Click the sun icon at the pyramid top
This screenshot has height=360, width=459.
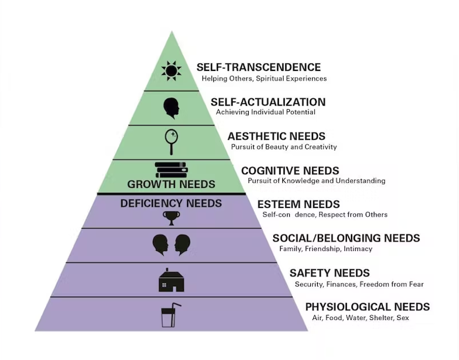(171, 71)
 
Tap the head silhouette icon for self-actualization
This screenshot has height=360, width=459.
(171, 108)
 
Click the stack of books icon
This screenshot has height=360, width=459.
(171, 170)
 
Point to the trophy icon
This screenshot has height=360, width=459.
(171, 217)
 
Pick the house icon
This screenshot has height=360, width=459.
(171, 280)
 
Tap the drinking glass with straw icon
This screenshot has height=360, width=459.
(170, 315)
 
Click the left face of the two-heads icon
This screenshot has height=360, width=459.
(160, 244)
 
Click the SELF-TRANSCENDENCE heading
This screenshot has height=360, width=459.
(259, 67)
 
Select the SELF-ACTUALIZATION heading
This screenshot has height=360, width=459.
(268, 102)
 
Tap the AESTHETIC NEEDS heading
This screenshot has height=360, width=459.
(277, 136)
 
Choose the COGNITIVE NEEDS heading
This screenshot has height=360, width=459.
(290, 171)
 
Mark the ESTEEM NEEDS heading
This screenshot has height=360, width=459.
(299, 204)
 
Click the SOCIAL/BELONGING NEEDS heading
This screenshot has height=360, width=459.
(346, 239)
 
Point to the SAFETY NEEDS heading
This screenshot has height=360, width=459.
(329, 273)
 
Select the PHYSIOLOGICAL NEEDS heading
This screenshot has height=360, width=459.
(368, 307)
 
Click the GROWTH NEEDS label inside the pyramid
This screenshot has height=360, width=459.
(171, 185)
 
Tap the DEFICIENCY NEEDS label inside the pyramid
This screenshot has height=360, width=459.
(171, 204)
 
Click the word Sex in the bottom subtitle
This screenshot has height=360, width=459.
(403, 318)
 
